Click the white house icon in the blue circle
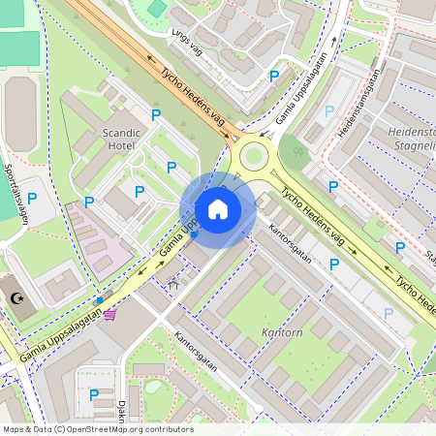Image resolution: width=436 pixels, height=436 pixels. coord(218,209)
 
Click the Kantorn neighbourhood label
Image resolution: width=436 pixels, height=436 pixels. coord(283,332)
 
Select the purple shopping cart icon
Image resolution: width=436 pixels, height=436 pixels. coord(111,314)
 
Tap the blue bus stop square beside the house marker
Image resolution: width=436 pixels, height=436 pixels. coord(194,234)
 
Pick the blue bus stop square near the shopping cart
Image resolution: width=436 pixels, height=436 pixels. coord(99,301)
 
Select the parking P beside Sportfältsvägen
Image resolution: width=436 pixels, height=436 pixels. coord(32,198)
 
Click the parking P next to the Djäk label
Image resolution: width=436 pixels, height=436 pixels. coord(93,394)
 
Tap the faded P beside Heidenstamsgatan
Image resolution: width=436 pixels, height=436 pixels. coord(329,111)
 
